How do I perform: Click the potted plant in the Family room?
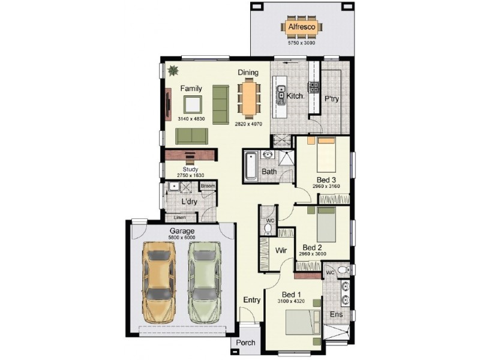point(173,70)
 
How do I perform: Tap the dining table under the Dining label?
point(249,98)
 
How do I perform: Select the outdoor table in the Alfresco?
point(301,28)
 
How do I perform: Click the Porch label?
point(245,343)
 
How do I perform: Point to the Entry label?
point(251,300)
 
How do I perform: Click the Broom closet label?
point(207,187)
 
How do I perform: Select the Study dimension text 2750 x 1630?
point(190,175)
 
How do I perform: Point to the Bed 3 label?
point(326,179)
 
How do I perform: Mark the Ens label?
point(337,314)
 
